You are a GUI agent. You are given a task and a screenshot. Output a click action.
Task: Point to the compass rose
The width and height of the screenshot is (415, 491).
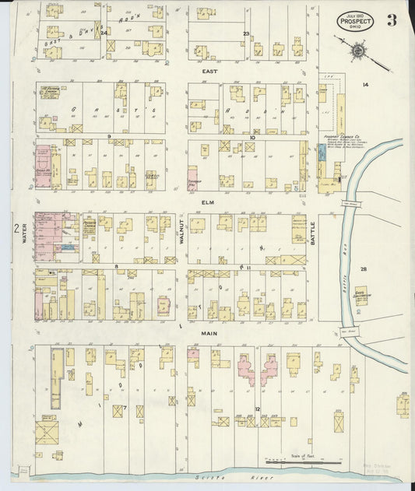point(357,51)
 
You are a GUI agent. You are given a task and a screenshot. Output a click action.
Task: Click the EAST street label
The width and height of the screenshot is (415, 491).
point(209,71)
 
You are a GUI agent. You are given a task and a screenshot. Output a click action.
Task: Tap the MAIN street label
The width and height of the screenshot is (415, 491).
point(209,333)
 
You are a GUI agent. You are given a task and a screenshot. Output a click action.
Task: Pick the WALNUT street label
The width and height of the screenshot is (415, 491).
point(180,232)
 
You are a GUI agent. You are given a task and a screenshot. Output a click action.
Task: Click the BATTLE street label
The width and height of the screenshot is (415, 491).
point(313,232)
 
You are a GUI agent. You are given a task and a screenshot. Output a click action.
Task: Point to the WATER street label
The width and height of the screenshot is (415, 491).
point(24,233)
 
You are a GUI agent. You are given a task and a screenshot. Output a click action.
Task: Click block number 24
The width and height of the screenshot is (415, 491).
point(103,32)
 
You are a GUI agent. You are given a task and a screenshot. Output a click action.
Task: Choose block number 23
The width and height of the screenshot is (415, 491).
point(246,33)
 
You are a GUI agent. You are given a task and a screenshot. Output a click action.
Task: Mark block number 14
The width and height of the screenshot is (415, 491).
point(364,83)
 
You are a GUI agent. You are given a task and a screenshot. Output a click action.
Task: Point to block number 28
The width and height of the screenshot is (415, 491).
point(363,268)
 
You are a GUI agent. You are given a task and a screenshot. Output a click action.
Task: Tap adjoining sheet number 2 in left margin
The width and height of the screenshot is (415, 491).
point(16,228)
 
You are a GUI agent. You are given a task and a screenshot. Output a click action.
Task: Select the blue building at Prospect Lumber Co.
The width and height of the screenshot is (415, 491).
point(321,153)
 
